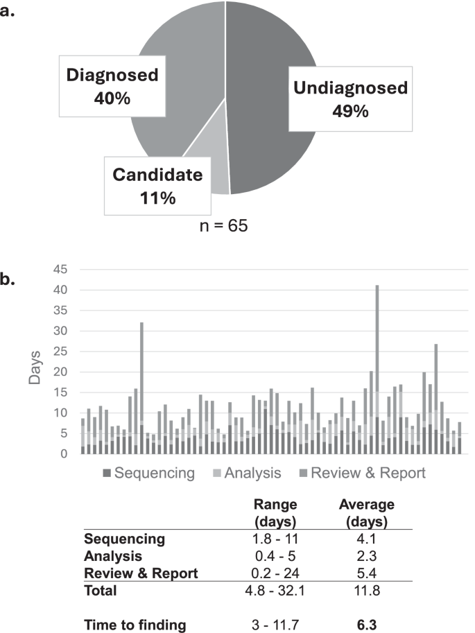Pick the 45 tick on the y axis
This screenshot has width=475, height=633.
61,270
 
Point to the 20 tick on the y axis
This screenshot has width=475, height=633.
61,372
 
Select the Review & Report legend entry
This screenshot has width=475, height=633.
361,474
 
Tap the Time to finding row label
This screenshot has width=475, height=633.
135,625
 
